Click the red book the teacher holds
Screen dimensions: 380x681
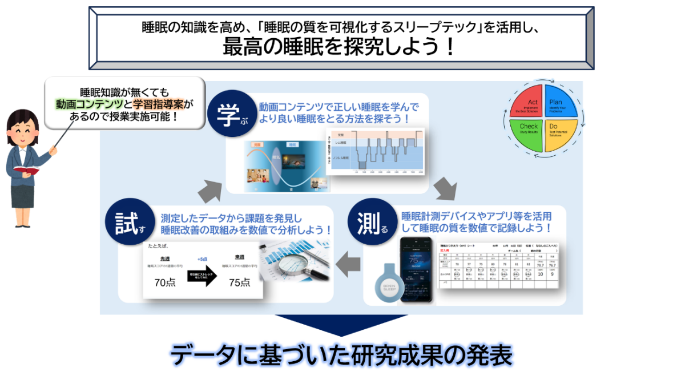(24, 170)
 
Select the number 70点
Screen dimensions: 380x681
(165, 282)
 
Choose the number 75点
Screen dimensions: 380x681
(239, 282)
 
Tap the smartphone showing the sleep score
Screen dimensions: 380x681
(416, 268)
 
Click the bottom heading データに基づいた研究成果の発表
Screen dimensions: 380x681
(341, 355)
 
